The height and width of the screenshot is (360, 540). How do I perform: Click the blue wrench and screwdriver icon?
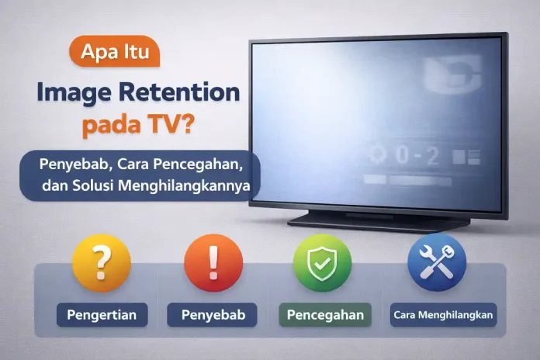(436, 263)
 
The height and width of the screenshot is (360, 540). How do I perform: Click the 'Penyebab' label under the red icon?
(208, 316)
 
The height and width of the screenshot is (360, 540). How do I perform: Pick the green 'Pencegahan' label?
(325, 316)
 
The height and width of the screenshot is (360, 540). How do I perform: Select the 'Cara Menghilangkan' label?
(445, 316)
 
